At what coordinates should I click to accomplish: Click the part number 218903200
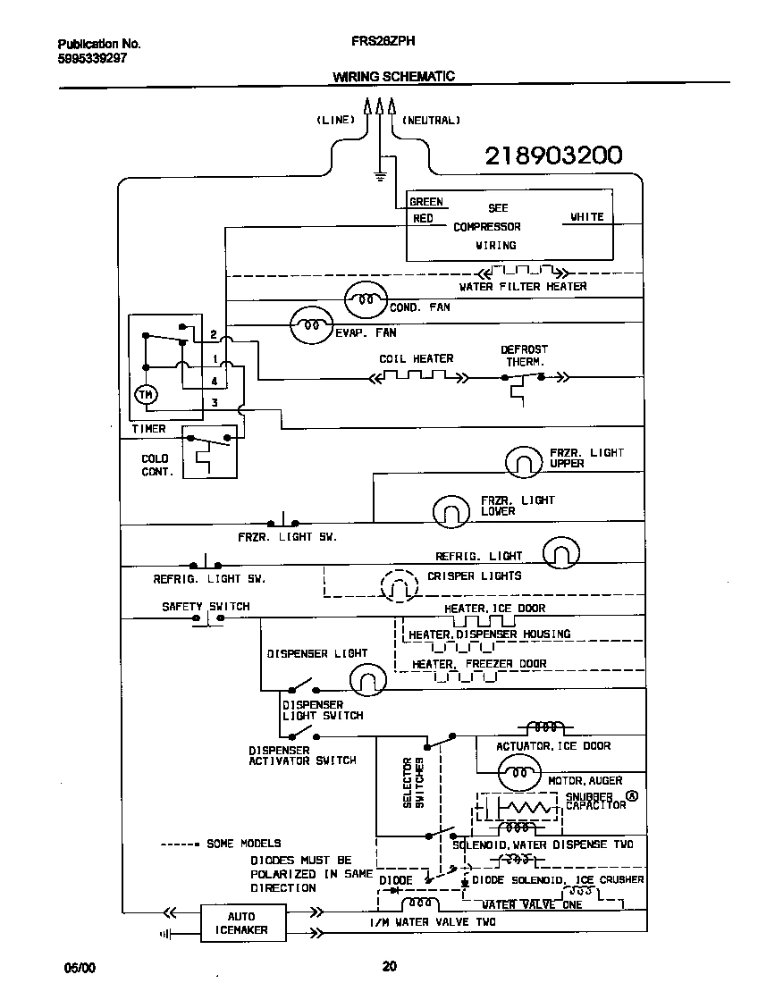[x=552, y=155]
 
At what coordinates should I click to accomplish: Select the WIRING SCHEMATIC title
[x=393, y=76]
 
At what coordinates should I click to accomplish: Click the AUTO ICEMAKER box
[x=240, y=923]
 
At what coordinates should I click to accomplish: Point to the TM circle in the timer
[x=144, y=394]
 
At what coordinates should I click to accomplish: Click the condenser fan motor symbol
[x=365, y=299]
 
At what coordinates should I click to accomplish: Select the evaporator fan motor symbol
[x=311, y=326]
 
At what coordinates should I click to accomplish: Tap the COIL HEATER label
[x=416, y=358]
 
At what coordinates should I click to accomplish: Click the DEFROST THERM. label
[x=524, y=356]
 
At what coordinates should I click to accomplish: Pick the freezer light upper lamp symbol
[x=524, y=461]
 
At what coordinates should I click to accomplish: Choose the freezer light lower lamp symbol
[x=452, y=511]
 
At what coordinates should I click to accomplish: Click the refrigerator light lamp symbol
[x=561, y=553]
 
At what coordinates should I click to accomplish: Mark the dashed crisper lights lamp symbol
[x=400, y=586]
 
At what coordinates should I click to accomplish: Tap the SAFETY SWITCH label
[x=206, y=606]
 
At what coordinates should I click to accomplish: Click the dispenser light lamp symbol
[x=366, y=680]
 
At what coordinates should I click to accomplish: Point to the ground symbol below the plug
[x=380, y=176]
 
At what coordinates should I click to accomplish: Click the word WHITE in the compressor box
[x=586, y=217]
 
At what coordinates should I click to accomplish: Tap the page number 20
[x=389, y=966]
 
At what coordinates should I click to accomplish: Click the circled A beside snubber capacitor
[x=633, y=795]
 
